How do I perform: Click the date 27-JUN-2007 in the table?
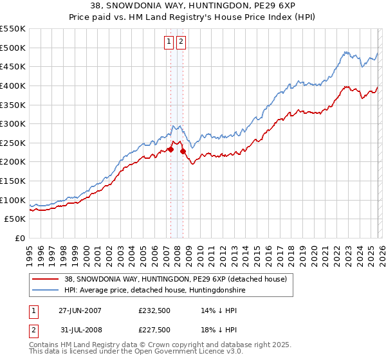[x=80, y=310]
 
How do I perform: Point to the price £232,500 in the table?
[x=155, y=310]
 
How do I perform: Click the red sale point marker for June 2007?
[x=170, y=149]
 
